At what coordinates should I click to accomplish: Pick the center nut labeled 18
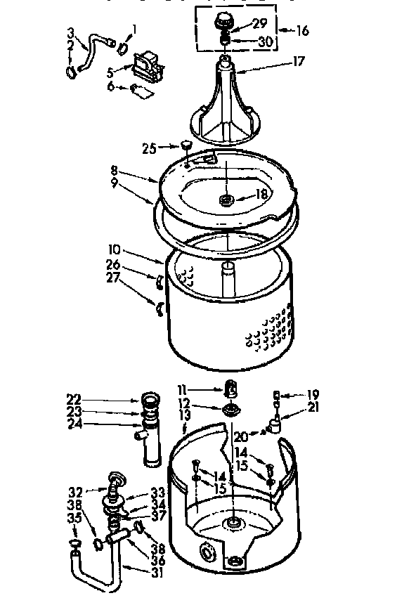click(227, 201)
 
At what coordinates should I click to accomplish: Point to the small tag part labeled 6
click(143, 90)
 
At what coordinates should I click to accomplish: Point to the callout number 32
click(77, 490)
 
